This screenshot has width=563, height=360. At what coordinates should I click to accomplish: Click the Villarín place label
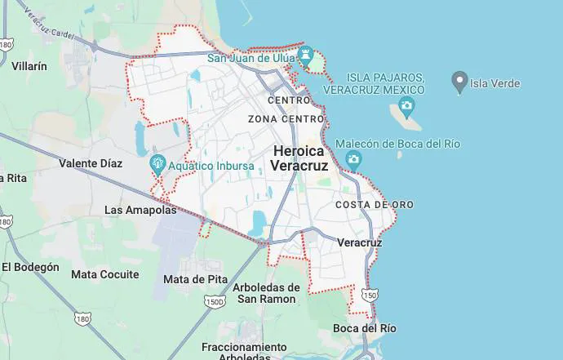[29, 65]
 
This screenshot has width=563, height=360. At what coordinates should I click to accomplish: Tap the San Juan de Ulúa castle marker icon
[307, 56]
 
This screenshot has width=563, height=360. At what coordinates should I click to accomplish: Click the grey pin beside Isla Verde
[459, 82]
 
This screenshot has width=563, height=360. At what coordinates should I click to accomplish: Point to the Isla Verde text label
[494, 83]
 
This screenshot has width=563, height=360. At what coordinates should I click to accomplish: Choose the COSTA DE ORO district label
[375, 204]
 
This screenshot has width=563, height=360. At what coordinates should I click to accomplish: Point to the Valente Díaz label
[91, 163]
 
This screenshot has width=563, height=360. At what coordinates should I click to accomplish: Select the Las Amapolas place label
[140, 210]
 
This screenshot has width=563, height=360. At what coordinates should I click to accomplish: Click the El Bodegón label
[30, 267]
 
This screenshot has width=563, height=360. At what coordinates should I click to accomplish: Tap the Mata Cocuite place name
[105, 274]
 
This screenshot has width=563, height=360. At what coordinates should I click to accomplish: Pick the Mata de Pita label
[195, 278]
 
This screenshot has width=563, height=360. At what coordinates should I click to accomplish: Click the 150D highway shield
[215, 302]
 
